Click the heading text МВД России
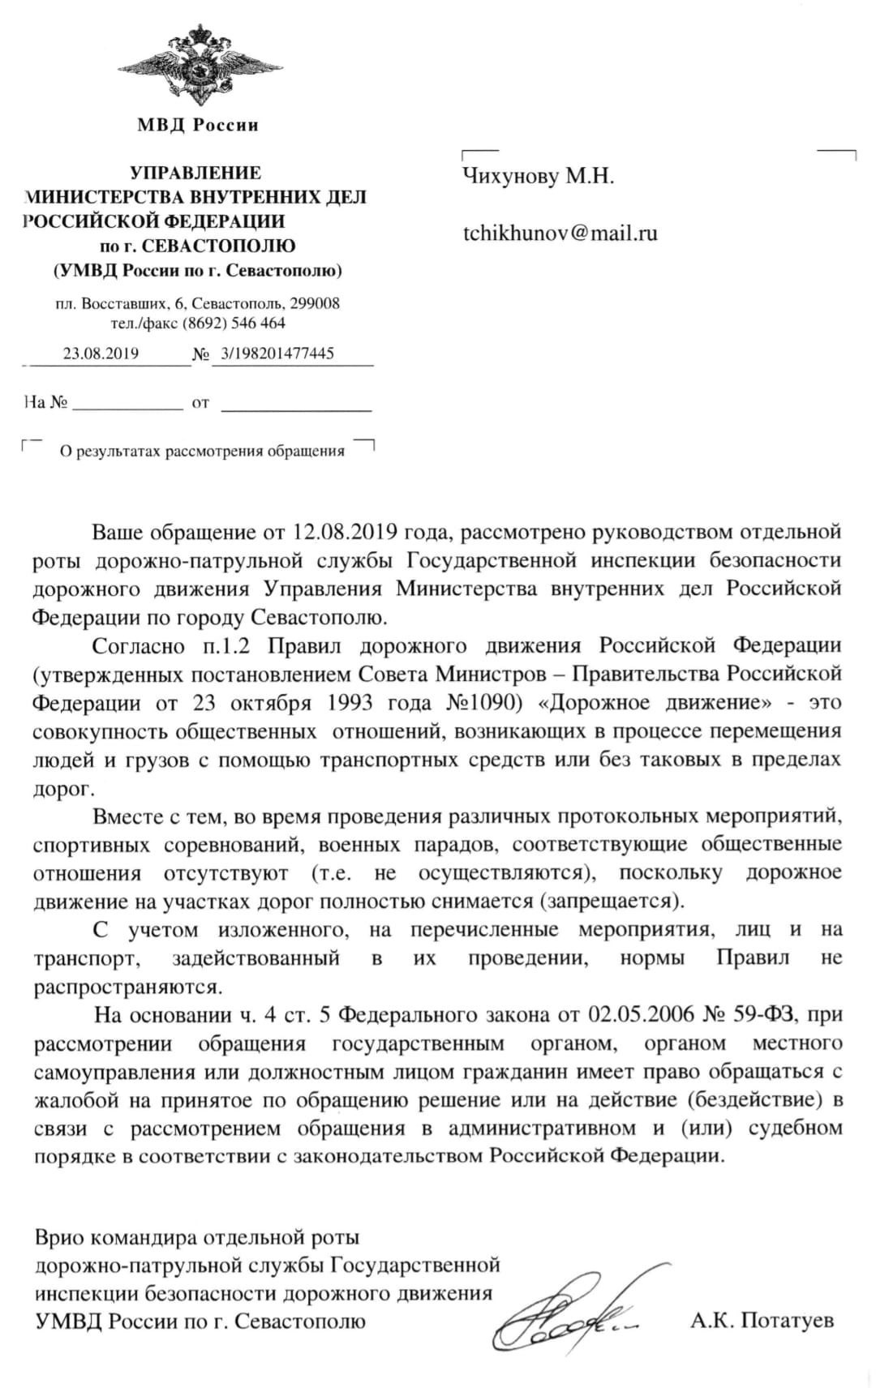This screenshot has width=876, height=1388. [x=198, y=125]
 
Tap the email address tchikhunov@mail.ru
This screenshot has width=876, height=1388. [x=560, y=233]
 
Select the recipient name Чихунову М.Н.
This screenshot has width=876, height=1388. [x=538, y=176]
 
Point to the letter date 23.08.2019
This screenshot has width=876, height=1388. [x=101, y=353]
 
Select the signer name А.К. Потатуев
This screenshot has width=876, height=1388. [x=762, y=1321]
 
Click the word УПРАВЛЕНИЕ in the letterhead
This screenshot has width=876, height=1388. [x=196, y=173]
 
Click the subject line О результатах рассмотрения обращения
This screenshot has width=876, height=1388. [x=203, y=452]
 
